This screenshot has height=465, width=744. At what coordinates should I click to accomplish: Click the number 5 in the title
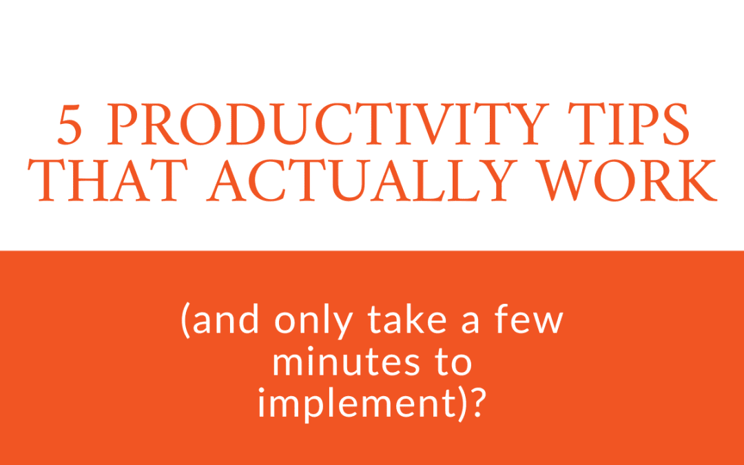tap(70, 124)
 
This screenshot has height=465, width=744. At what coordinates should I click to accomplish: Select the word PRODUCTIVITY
tap(328, 124)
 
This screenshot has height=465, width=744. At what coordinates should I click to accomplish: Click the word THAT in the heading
tap(107, 180)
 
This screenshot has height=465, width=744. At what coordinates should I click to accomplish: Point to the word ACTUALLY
tap(362, 180)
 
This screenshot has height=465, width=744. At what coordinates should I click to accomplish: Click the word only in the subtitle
tap(313, 320)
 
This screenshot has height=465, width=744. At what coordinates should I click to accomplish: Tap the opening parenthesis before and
tap(185, 320)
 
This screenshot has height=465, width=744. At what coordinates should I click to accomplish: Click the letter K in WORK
tap(697, 180)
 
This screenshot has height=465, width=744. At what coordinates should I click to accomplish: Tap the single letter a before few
tap(471, 322)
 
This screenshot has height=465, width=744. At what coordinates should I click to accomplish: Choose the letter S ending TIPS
tap(676, 124)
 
